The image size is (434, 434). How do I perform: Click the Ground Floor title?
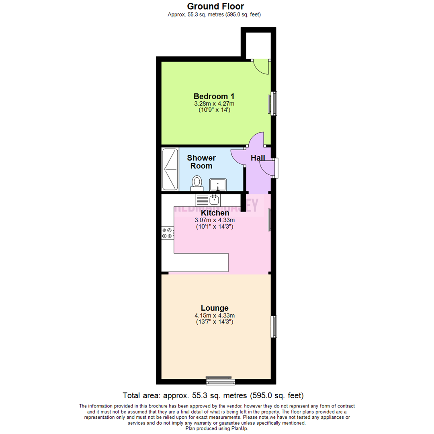coord(215,6)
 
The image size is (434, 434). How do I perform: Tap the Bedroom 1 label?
coord(214,96)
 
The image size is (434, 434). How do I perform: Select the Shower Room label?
coord(201,162)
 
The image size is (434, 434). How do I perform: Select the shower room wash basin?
coord(218,184)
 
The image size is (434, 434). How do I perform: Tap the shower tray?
coord(170,169)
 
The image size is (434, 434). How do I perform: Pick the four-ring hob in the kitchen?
coord(168,233)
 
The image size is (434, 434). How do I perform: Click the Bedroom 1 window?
coord(273,103)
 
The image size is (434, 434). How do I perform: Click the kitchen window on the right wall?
coord(270,220)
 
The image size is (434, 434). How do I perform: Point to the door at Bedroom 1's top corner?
coord(261,67)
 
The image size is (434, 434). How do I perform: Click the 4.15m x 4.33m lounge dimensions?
coord(214,316)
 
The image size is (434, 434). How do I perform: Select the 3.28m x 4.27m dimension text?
coord(214,104)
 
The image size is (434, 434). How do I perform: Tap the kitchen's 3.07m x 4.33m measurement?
coord(215,220)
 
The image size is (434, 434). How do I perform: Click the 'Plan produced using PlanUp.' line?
coord(217,428)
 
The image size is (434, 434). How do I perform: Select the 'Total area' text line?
coord(213,395)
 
